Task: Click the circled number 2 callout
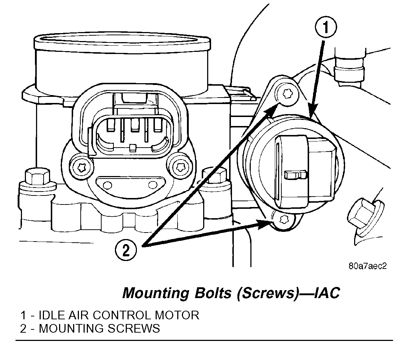pyautogui.click(x=126, y=250)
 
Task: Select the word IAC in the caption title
pyautogui.click(x=327, y=293)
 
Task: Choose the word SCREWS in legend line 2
pyautogui.click(x=135, y=328)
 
